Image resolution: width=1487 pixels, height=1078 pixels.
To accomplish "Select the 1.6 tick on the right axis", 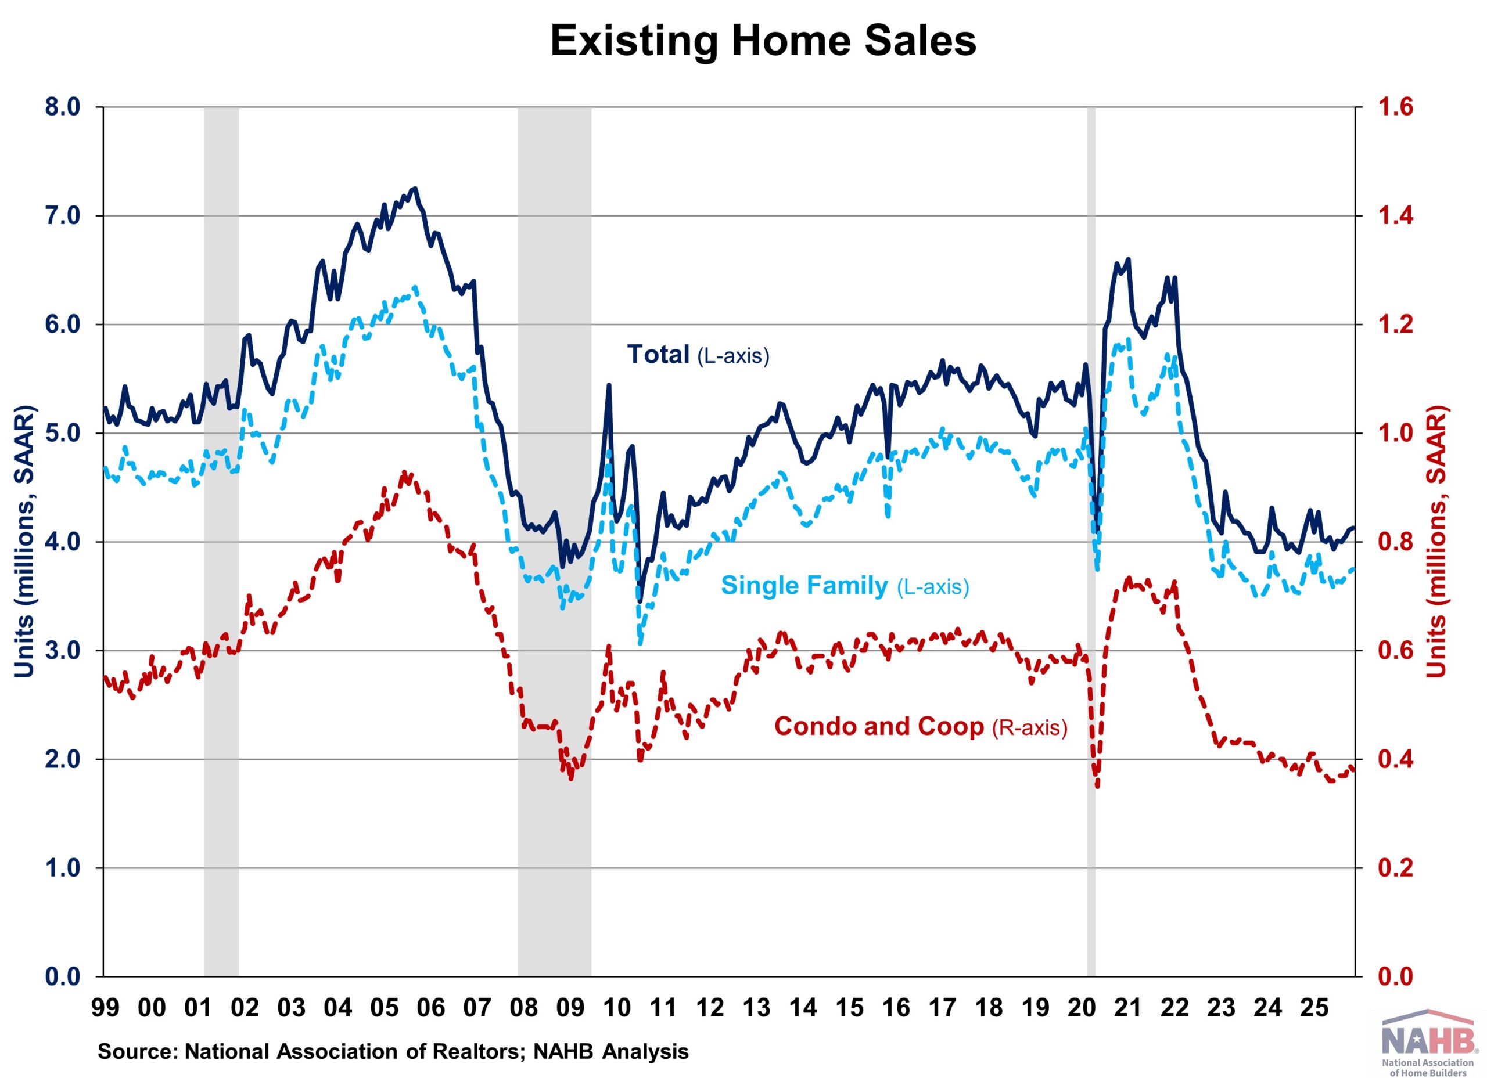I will point(1394,107).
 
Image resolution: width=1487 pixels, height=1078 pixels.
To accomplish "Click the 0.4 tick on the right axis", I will point(1394,759).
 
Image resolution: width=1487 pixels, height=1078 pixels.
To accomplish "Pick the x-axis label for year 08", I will point(524,1007).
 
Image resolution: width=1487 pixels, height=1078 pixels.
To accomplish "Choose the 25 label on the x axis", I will point(1314,1007).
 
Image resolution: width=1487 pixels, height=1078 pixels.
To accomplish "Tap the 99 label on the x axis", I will point(106,1007).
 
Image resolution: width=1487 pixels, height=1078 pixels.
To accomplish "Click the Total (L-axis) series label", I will point(698,355).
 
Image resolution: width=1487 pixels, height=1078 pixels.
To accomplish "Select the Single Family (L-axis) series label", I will point(845,585).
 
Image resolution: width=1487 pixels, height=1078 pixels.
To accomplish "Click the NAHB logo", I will point(1426,1045).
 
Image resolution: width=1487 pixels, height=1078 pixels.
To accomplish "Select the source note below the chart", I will point(393,1052).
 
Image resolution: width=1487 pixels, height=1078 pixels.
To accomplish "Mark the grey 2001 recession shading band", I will point(222,524).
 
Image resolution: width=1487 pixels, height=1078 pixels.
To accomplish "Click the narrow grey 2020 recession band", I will point(1091,524).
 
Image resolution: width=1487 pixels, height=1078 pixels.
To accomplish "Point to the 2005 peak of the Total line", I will point(414,188).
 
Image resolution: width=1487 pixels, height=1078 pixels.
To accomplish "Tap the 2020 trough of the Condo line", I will point(1097,786).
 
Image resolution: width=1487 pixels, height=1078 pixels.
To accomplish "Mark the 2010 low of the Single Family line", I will point(641,643).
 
